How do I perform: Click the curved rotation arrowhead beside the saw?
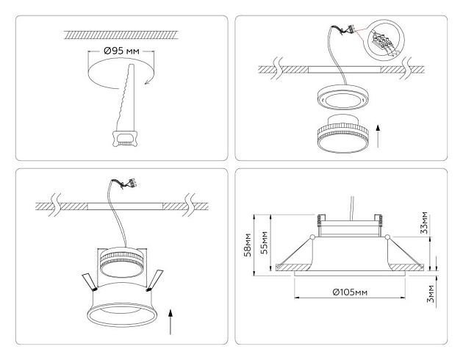[147, 82]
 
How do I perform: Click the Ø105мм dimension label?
[348, 292]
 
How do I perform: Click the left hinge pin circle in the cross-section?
[312, 237]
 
